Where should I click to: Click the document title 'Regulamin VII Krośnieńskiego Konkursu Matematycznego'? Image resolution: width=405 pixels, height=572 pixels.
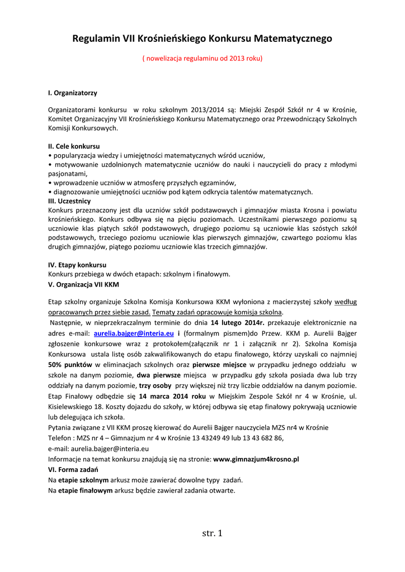click(202, 39)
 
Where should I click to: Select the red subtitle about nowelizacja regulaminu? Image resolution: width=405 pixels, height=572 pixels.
click(202, 58)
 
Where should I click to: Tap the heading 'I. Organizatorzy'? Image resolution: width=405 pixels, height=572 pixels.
click(73, 92)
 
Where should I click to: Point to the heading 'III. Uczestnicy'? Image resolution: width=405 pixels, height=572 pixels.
click(69, 201)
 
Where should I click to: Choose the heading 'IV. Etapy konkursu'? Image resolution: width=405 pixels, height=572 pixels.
click(77, 264)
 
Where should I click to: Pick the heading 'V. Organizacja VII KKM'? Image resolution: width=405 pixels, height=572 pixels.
click(83, 284)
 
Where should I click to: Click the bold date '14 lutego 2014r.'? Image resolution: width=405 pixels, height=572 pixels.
click(237, 323)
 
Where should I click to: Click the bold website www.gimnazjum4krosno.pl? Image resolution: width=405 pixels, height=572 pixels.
click(256, 459)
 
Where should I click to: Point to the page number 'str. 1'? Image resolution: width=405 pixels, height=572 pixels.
click(212, 533)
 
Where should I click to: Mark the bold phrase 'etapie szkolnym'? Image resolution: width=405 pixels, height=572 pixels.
click(83, 480)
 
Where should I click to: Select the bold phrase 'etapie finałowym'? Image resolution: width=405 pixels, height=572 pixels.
click(86, 490)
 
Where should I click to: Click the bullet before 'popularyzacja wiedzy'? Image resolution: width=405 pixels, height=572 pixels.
click(50, 155)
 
